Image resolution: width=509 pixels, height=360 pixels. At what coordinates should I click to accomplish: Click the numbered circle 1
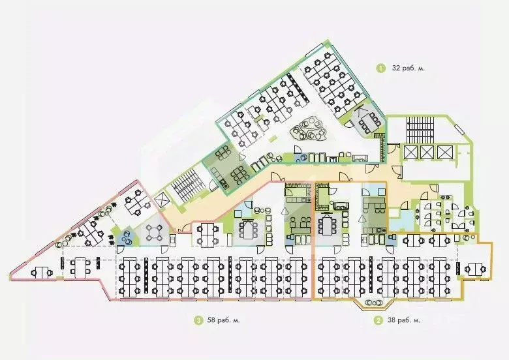[x=380, y=67]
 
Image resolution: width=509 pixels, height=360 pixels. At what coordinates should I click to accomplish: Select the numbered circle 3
[x=196, y=320]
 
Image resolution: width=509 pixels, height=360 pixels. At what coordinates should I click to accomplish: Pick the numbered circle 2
[x=377, y=320]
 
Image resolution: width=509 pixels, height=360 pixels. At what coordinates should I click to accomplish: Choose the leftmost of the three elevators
[x=410, y=152]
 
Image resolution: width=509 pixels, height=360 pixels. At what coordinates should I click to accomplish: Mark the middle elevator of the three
[x=427, y=152]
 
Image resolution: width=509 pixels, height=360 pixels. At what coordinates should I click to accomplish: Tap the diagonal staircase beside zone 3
[x=185, y=187]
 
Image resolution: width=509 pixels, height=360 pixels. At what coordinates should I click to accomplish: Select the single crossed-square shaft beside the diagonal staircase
[x=162, y=202]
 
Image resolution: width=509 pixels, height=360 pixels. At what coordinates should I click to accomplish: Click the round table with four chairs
[x=156, y=232]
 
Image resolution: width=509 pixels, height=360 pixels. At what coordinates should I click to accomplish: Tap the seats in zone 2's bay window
[x=375, y=303]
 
